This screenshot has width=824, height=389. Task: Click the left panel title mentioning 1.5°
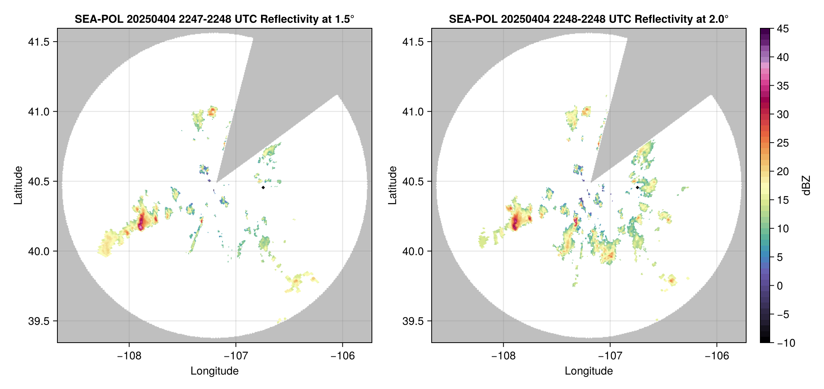coord(214,19)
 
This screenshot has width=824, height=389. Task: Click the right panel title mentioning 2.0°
coord(589,19)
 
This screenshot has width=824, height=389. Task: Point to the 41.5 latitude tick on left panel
coord(39,42)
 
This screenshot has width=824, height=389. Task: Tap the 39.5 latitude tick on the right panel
coord(413,321)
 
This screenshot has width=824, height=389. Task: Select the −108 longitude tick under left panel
coord(129,356)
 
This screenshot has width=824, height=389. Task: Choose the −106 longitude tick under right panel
coord(717,356)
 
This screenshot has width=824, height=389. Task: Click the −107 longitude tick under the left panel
coord(235,356)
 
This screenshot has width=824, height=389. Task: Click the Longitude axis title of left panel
coord(214,371)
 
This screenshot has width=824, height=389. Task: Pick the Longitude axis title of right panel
coord(589,371)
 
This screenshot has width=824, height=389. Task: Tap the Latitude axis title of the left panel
coord(18,185)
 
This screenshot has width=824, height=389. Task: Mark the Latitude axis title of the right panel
coord(392,185)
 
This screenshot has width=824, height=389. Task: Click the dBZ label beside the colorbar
coord(806,185)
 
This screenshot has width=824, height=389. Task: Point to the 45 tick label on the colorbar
coord(782,29)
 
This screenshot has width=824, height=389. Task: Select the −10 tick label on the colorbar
coord(786,343)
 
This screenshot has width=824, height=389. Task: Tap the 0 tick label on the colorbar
coord(780,286)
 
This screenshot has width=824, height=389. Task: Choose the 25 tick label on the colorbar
coord(782,143)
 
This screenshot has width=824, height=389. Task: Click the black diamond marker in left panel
coord(263,187)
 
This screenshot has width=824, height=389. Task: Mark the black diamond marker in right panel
coord(637,187)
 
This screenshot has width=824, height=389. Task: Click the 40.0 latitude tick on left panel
coord(39,251)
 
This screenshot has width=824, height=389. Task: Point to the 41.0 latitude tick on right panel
coord(413,112)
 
